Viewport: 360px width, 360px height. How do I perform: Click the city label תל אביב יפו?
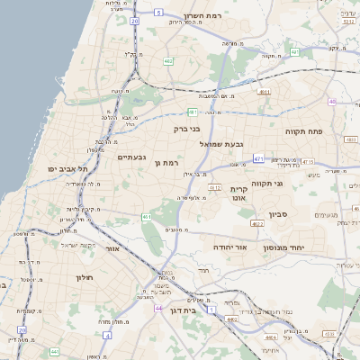coord(68,168)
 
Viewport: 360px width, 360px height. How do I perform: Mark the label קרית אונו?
coord(238,193)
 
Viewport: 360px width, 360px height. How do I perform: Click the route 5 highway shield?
coord(157,13)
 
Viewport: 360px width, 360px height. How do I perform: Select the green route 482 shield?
coord(168,61)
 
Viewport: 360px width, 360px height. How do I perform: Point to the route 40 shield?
coord(332,102)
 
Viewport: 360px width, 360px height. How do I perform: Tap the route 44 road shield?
coord(158,308)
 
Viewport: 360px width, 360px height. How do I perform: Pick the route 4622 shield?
coord(257,223)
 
